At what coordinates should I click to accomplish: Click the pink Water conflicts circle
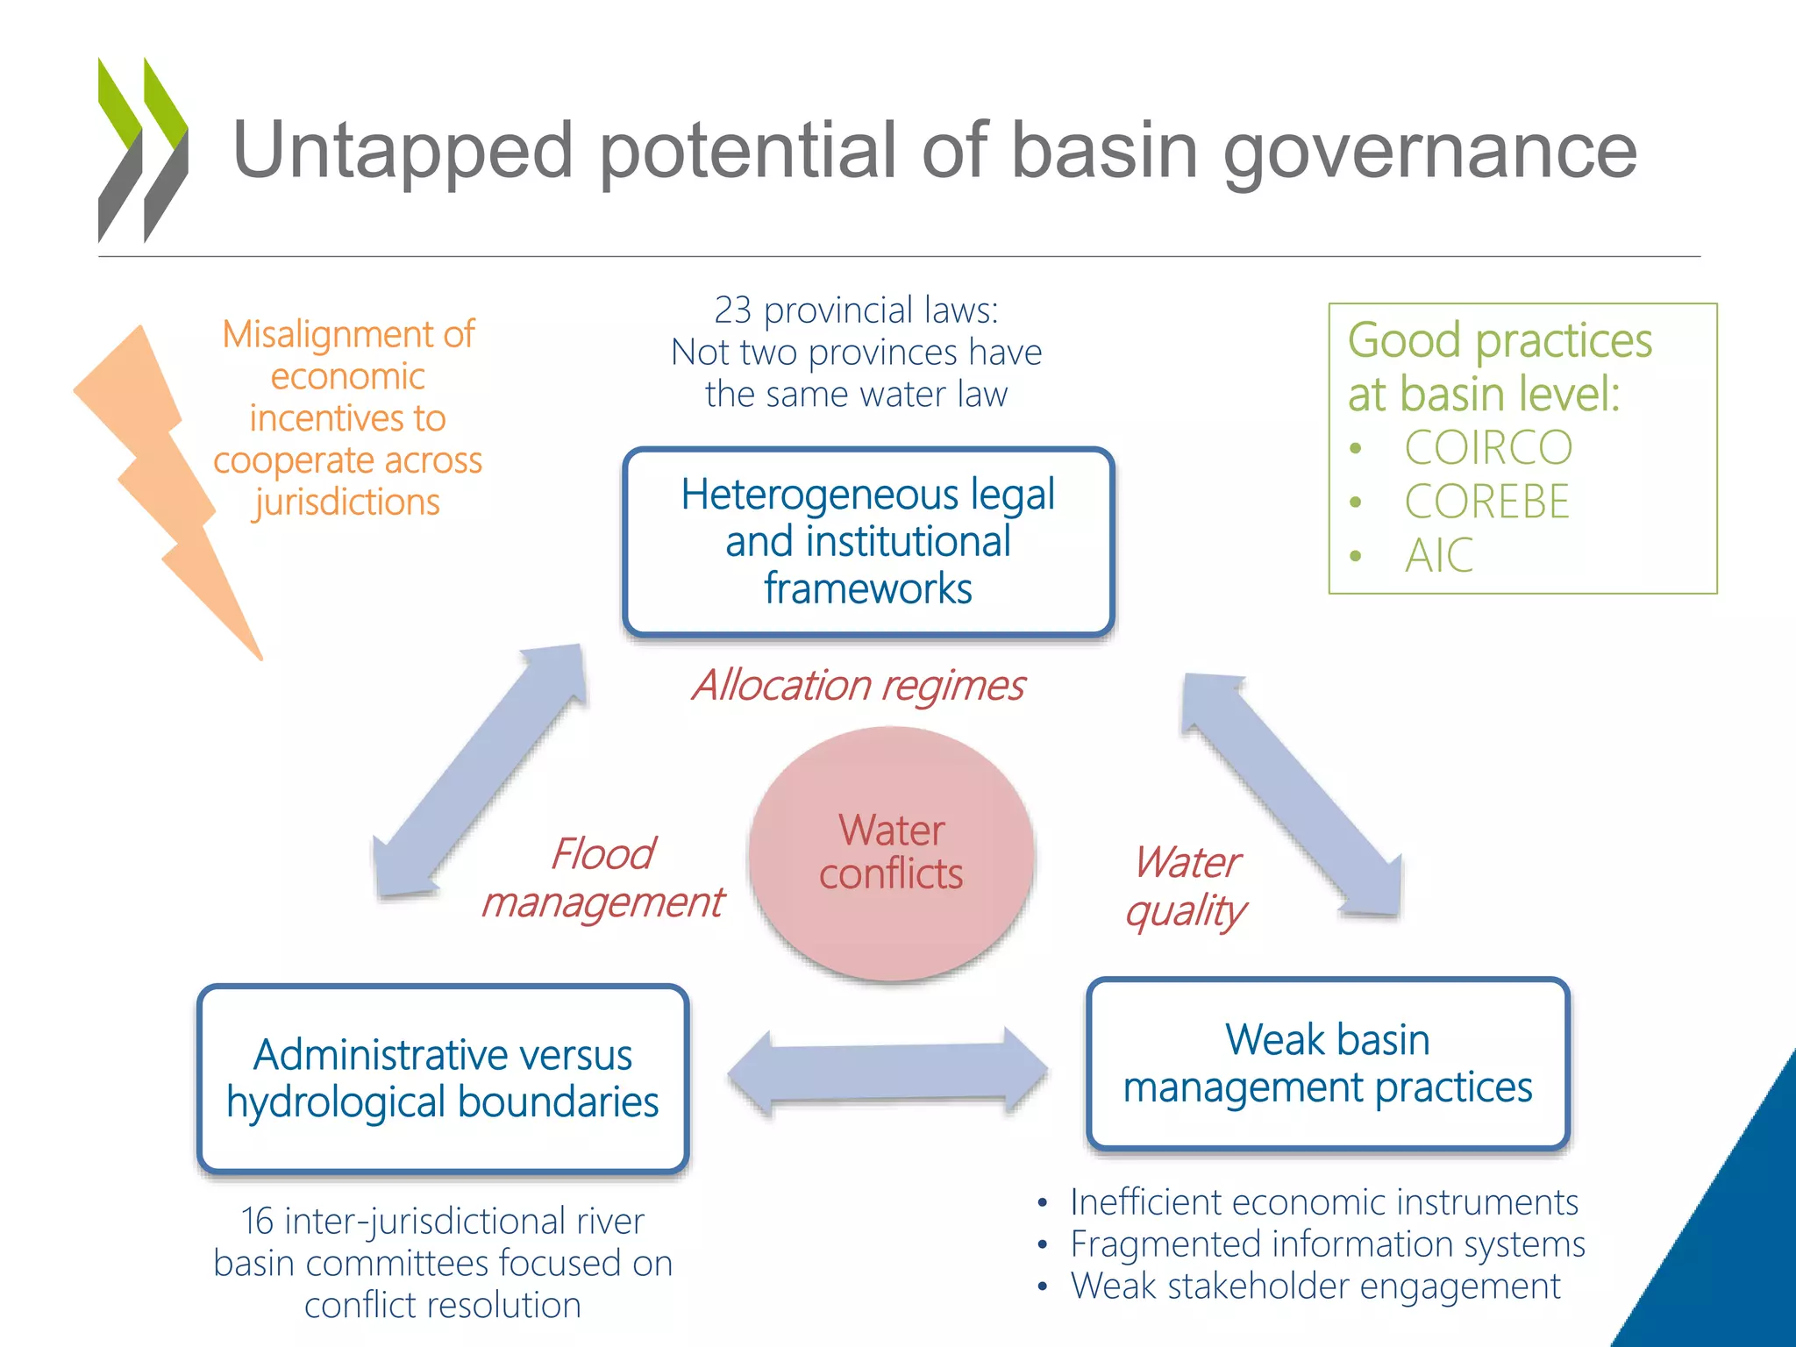point(891,852)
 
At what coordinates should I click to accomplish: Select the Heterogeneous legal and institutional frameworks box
point(868,541)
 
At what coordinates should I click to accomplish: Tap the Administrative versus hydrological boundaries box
point(443,1079)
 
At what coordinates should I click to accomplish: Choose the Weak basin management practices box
point(1328,1063)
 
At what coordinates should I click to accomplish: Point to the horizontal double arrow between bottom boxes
point(887,1072)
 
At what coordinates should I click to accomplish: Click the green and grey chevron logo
point(142,149)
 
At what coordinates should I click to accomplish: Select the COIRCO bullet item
point(1488,448)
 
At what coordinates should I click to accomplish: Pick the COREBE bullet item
point(1486,502)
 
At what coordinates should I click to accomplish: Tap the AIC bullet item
point(1439,556)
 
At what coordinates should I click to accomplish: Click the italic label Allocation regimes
point(858,685)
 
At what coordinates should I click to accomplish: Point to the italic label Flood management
point(603,878)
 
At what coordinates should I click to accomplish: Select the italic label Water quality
point(1187,886)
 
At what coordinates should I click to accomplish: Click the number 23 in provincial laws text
point(732,310)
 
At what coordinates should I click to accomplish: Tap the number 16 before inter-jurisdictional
point(257,1221)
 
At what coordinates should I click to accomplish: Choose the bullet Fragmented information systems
point(1327,1244)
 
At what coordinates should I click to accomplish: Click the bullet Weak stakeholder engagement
point(1315,1286)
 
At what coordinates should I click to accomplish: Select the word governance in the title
point(1429,151)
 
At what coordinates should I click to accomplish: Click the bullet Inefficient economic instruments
point(1323,1201)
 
